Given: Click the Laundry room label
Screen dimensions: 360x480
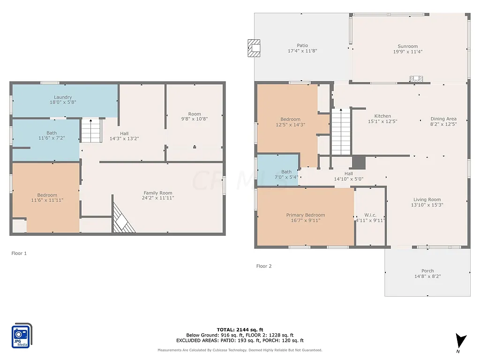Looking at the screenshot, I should tap(62, 97).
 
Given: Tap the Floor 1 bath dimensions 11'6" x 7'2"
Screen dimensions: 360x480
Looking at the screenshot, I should tap(52, 139).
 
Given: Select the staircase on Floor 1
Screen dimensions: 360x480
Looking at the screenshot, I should tap(91, 130).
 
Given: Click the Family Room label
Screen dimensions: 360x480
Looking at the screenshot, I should tap(158, 193).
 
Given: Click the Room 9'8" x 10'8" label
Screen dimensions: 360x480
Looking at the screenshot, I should tap(195, 114).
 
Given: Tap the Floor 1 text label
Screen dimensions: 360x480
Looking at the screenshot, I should tap(19, 253).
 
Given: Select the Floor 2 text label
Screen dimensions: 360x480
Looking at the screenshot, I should tap(264, 266).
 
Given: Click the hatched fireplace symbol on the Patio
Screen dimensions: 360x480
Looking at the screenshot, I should tap(254, 48).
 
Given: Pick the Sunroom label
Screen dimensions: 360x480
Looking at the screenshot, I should tap(407, 46).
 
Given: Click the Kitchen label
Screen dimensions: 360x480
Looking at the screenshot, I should tap(382, 116).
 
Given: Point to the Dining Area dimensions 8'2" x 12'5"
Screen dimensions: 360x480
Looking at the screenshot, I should tap(443, 124).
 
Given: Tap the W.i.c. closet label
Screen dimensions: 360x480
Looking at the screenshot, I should tap(370, 215).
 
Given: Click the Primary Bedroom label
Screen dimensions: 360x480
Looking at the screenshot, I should tap(306, 215).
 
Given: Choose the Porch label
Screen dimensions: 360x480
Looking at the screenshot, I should tap(427, 270).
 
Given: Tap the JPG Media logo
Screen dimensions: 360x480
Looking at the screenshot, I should tap(22, 335).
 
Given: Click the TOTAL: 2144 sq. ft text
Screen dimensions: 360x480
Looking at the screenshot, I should tap(240, 330).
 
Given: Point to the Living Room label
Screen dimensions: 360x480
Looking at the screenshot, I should tap(427, 200).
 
